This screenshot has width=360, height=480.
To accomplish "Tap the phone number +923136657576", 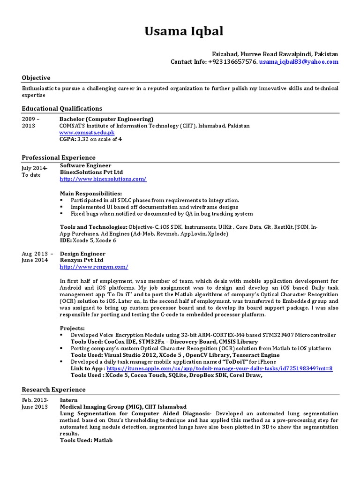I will point(232,62).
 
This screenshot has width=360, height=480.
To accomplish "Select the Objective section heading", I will point(36,78).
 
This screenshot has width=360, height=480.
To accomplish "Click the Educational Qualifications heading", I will point(62,108).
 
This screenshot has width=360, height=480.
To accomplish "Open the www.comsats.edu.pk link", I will point(87,133).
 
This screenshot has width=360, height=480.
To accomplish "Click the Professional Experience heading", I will point(59,157).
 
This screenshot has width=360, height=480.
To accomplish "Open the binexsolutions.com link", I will point(103,179).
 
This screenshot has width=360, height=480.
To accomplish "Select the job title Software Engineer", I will point(85,165).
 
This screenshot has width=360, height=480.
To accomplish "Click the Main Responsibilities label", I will point(91,193).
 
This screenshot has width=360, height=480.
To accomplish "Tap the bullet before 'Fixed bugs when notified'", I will point(62,214).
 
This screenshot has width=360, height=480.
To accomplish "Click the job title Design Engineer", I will point(82,254).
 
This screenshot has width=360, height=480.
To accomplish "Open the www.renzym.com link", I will point(94,267).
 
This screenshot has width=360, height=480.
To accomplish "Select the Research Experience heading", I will point(54,390).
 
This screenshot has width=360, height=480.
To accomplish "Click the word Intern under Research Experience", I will point(69,400).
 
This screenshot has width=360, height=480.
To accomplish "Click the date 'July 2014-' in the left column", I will point(34,168).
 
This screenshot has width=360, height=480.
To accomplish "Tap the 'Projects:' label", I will point(73,328).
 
